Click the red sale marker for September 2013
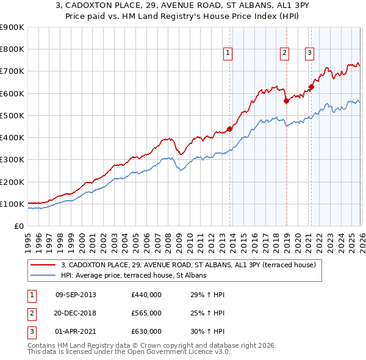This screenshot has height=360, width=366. [x=229, y=129]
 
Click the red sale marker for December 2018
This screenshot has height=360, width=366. [x=286, y=101]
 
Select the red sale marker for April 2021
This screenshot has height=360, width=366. [x=310, y=87]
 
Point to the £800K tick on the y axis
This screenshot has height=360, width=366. [x=12, y=49]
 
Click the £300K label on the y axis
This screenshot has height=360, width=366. [x=12, y=160]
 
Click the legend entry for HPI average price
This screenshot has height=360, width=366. [x=134, y=276]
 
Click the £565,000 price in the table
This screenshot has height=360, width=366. [x=146, y=313]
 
